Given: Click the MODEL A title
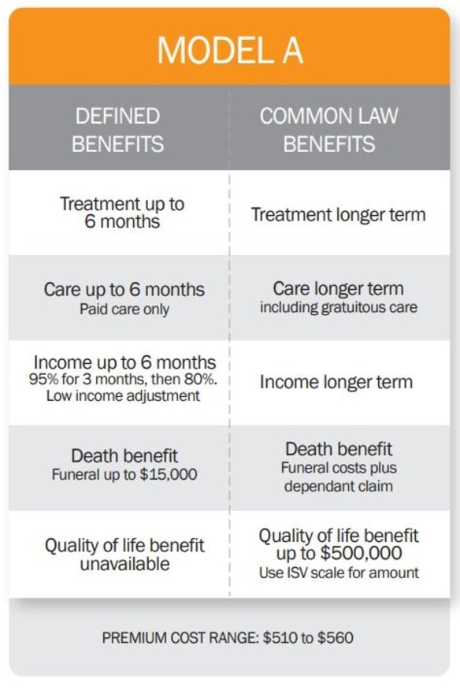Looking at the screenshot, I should click(x=229, y=50).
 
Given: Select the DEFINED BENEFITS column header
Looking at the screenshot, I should click(x=119, y=130).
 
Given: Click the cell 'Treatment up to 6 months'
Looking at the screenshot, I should click(x=122, y=212).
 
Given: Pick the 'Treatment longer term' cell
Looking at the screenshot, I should click(x=339, y=214).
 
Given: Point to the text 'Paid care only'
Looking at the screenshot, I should click(x=124, y=310).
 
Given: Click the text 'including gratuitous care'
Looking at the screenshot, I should click(x=338, y=307).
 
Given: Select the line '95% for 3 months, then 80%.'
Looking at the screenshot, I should click(x=124, y=380).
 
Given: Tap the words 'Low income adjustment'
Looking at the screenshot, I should click(x=124, y=395).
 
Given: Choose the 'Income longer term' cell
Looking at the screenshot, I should click(x=336, y=383).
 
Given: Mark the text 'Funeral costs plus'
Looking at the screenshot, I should click(x=338, y=468).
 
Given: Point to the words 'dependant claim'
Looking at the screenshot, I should click(x=338, y=486).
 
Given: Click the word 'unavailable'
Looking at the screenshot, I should click(x=124, y=564).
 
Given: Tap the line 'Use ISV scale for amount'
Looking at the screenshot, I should click(x=339, y=573).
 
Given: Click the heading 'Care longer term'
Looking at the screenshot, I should click(x=338, y=288).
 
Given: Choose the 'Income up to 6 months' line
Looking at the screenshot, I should click(x=124, y=362).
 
